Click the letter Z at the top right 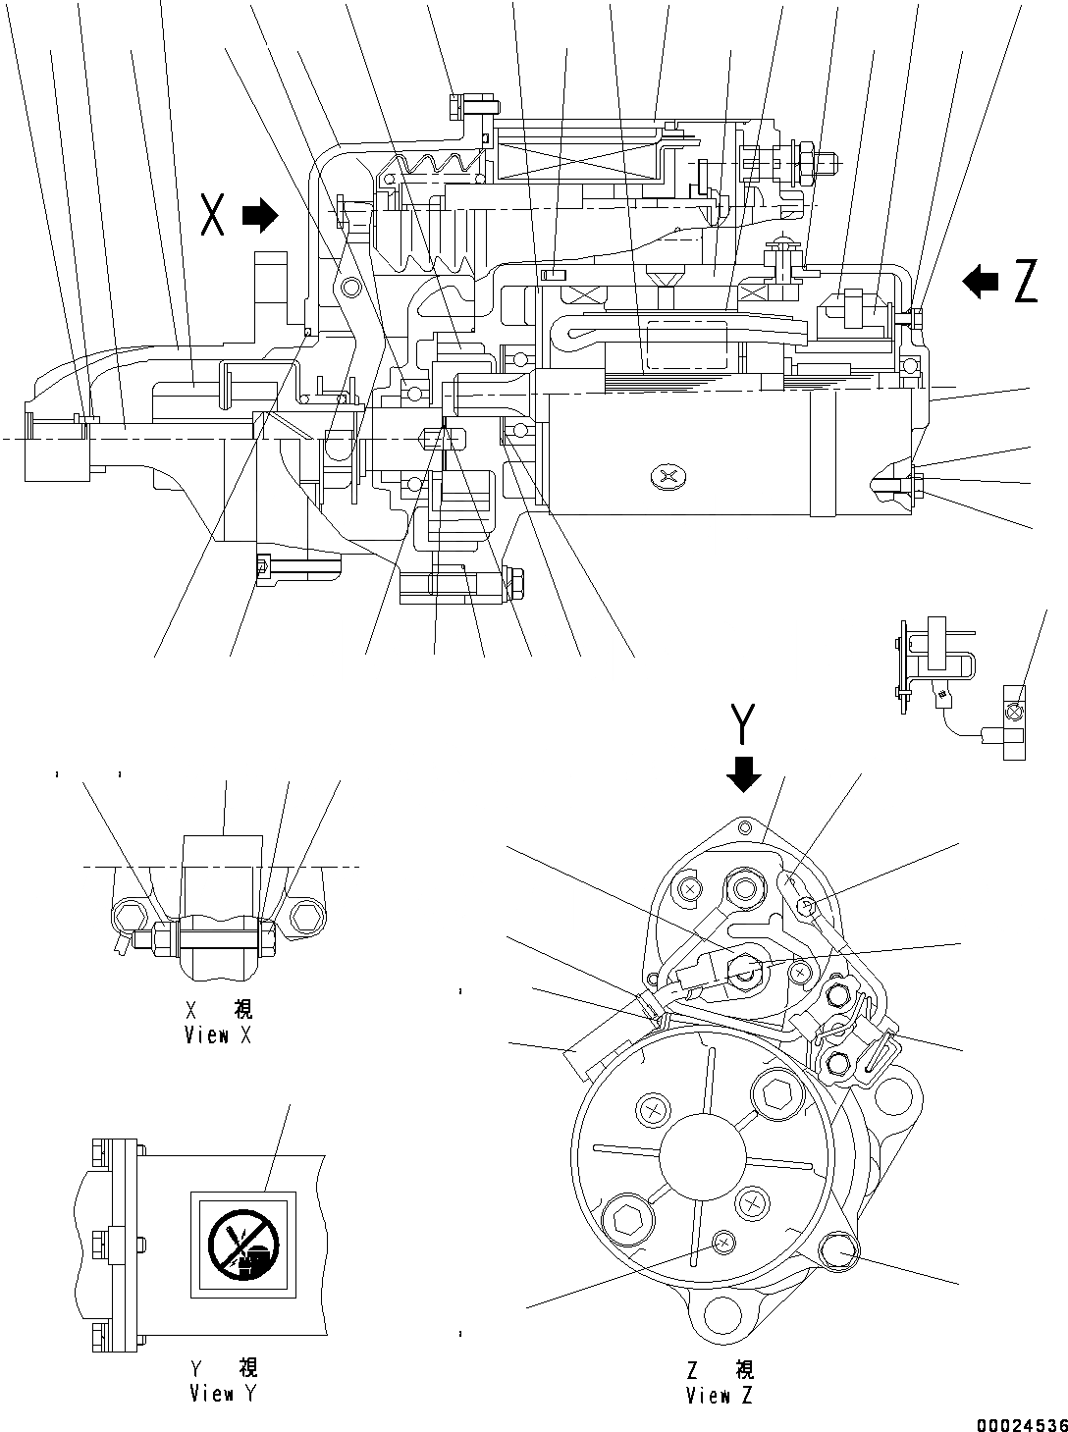[1025, 282]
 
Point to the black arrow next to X [260, 215]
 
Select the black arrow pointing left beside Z [981, 282]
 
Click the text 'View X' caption [218, 1035]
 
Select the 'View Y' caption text [225, 1393]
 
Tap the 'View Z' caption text [721, 1396]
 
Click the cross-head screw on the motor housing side [668, 478]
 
